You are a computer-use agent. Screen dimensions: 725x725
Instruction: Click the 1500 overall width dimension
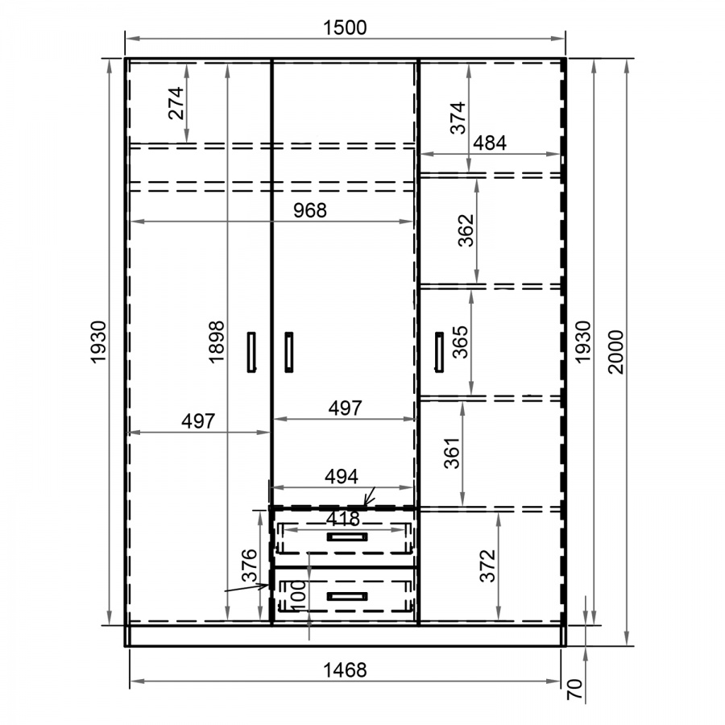(x=345, y=27)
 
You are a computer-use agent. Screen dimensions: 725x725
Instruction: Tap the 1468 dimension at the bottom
(x=345, y=670)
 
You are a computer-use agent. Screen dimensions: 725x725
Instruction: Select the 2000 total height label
(x=616, y=352)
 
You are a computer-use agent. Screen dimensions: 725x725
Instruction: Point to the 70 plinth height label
(x=574, y=689)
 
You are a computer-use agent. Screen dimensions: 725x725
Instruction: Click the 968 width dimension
(x=310, y=210)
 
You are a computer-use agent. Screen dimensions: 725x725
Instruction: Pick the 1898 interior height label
(x=217, y=342)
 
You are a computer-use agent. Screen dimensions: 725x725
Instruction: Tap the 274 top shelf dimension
(x=176, y=103)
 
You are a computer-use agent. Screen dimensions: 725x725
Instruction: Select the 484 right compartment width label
(x=490, y=143)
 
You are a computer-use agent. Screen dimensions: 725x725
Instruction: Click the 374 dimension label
(x=458, y=118)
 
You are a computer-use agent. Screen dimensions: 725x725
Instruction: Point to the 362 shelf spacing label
(x=466, y=230)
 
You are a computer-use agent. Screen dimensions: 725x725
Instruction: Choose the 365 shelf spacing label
(x=461, y=342)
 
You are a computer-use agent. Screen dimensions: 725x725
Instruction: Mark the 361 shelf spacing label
(x=452, y=453)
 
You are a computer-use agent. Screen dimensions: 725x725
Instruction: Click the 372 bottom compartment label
(x=488, y=565)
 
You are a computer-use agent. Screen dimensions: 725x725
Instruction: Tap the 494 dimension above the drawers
(x=342, y=476)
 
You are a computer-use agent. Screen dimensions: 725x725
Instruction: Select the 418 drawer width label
(x=342, y=519)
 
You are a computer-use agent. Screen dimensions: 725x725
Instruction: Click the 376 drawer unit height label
(x=250, y=565)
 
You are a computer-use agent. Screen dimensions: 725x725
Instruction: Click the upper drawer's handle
(x=347, y=536)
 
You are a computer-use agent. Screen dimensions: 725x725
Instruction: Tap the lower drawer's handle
(x=347, y=596)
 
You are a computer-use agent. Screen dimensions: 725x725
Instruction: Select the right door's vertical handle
(x=439, y=352)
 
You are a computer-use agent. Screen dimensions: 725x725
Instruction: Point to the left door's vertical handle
(x=251, y=352)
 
